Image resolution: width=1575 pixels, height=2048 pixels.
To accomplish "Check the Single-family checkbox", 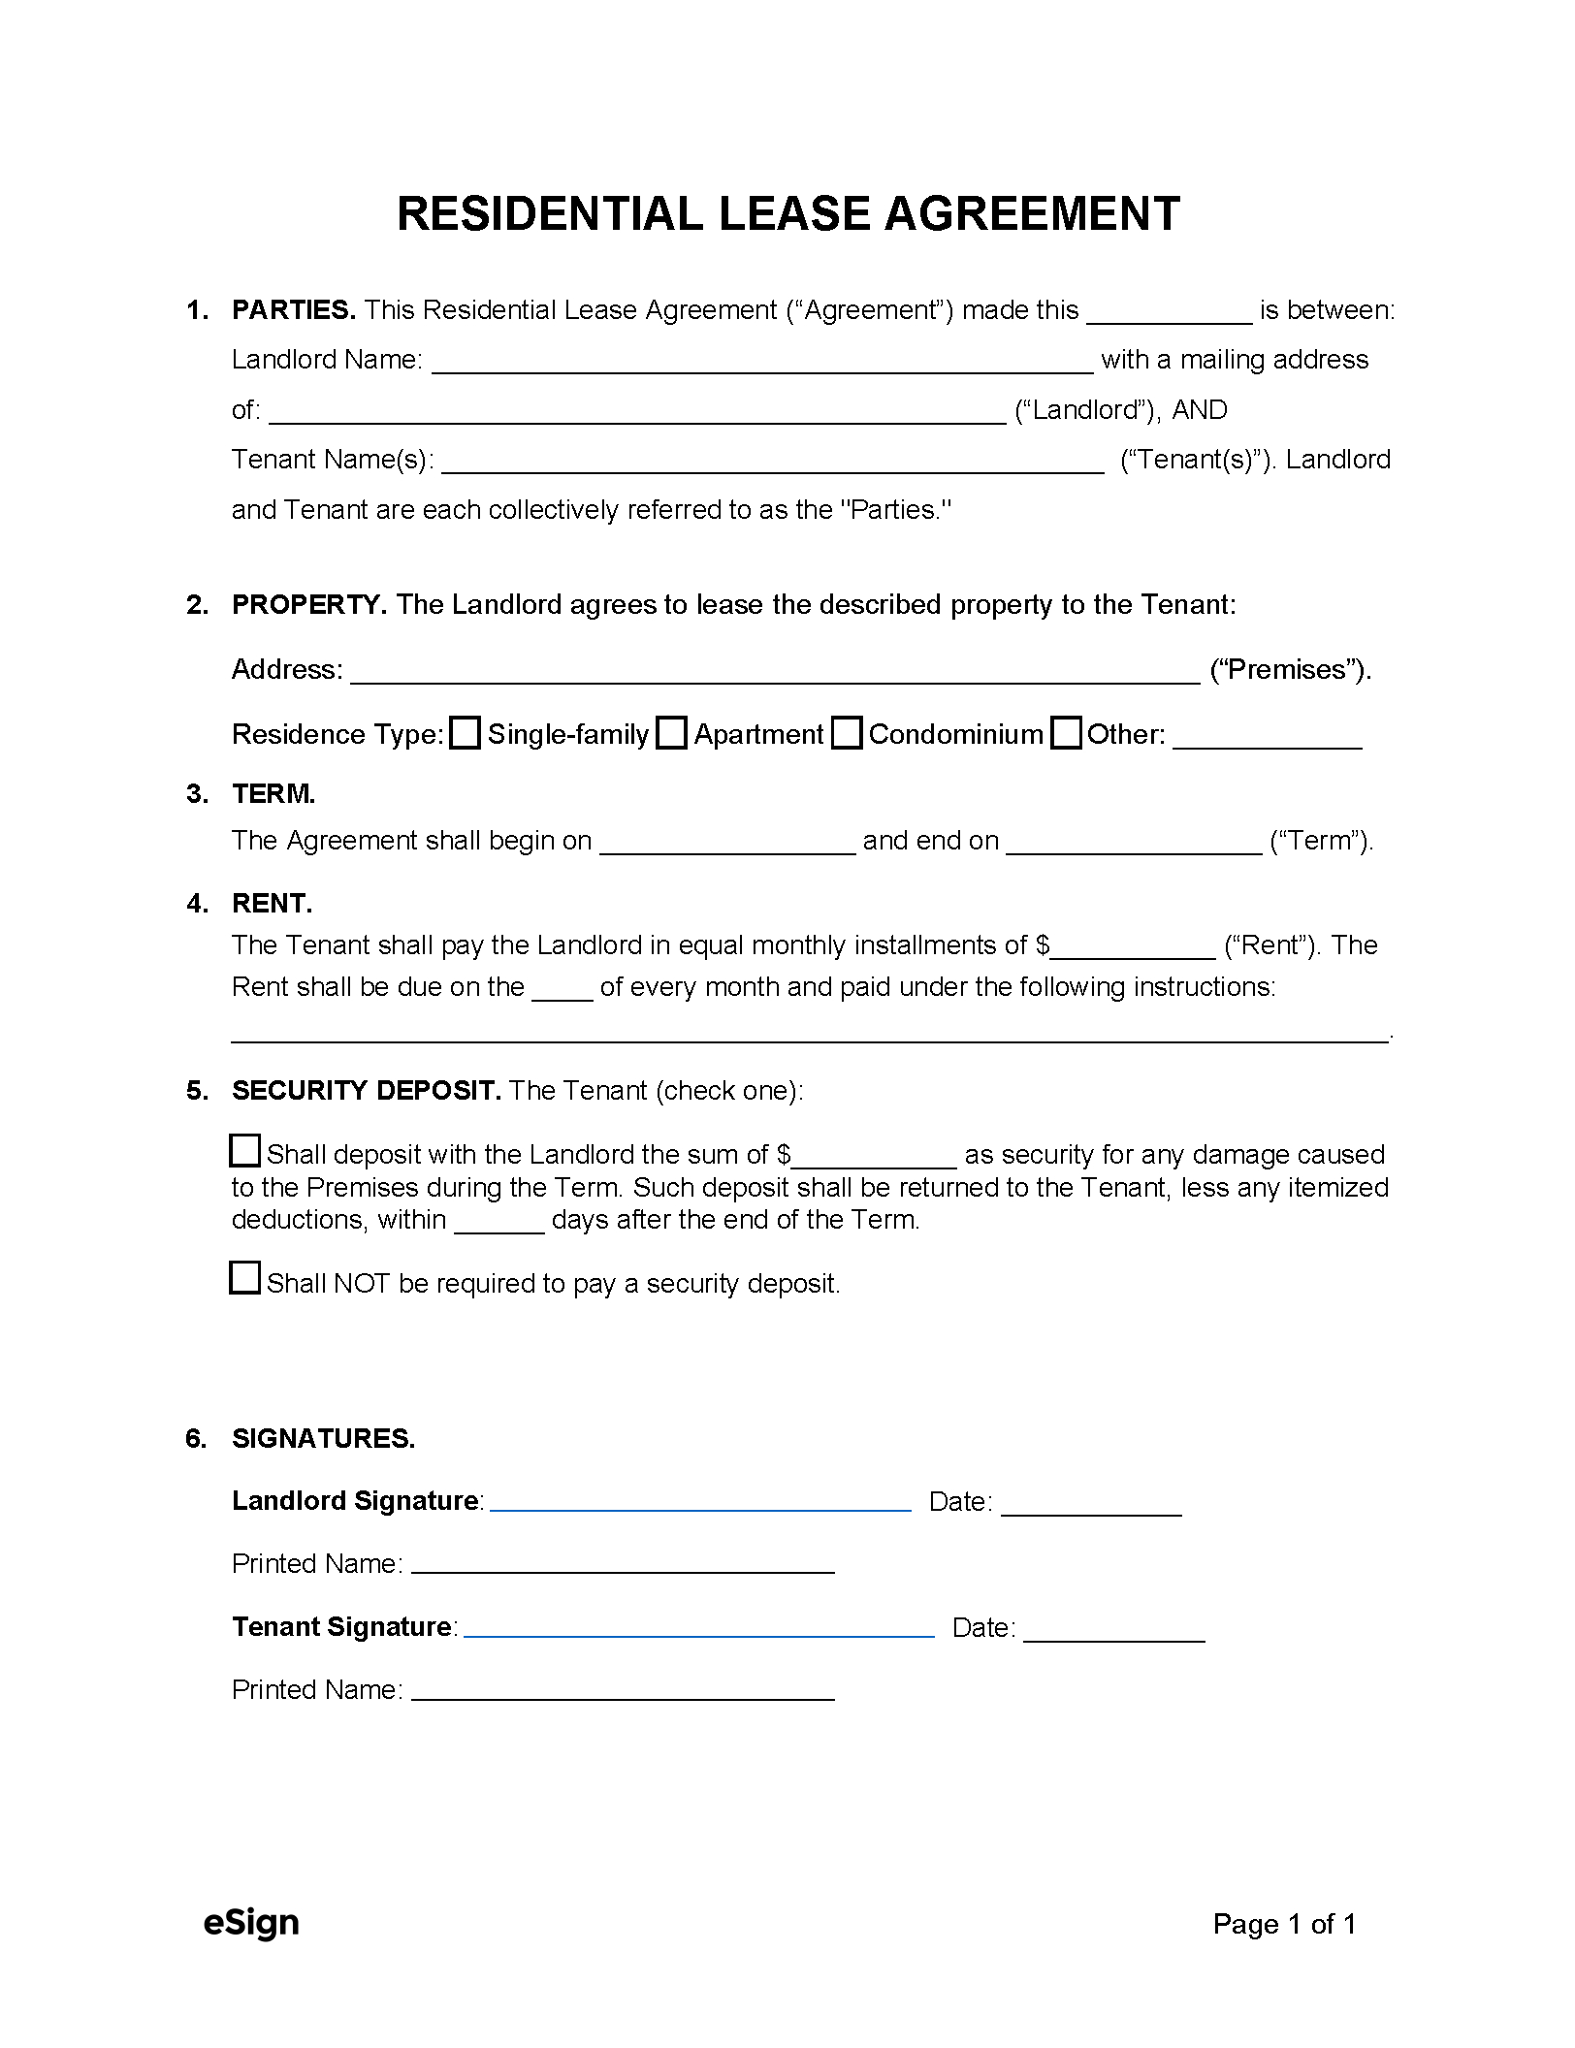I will [466, 733].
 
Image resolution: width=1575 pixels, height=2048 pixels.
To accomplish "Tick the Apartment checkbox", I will [671, 733].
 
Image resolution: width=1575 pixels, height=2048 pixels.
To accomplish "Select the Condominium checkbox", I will [847, 733].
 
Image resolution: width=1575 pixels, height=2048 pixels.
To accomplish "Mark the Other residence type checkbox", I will [1066, 733].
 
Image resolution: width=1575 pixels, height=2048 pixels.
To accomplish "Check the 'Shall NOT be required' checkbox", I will [244, 1278].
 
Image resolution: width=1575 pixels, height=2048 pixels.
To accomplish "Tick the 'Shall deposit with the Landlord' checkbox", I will [244, 1150].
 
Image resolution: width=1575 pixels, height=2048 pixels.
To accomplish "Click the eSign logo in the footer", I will [251, 1922].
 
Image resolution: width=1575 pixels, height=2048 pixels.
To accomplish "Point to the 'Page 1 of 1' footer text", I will [1284, 1924].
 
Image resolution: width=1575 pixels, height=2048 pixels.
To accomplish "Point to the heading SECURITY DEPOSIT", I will [366, 1090].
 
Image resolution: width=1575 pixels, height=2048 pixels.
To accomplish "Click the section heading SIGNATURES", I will [323, 1438].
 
